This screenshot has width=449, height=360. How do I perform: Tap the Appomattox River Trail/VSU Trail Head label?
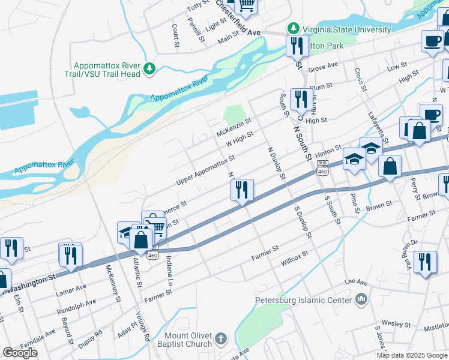point(107,70)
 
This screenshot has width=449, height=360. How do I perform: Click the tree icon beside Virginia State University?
point(293,28)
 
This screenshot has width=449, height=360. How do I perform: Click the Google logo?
point(20,353)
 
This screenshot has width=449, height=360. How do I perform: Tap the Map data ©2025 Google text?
point(412,355)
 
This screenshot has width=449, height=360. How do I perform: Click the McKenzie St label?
point(234,127)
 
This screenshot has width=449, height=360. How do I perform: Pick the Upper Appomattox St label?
point(205,170)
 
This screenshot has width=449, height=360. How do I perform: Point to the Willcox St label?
point(294,259)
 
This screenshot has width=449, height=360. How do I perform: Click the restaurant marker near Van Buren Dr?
point(425,262)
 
